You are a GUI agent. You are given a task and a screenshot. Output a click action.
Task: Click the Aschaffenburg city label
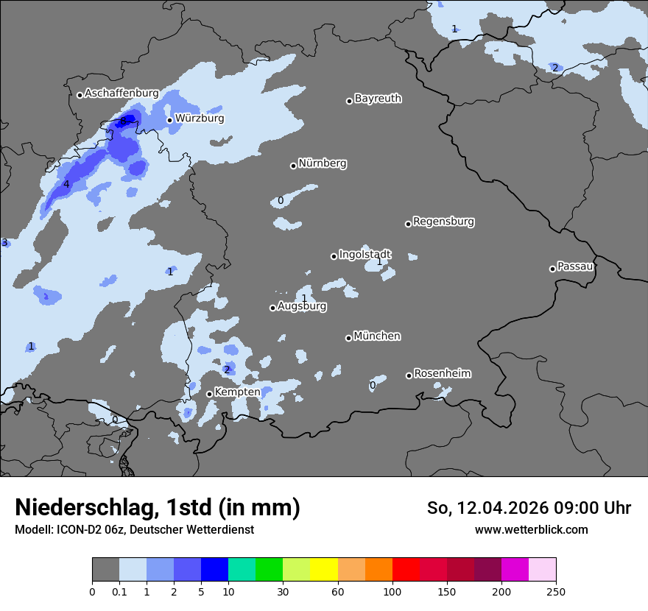point(121,93)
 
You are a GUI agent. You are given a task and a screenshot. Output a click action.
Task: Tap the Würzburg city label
point(200,119)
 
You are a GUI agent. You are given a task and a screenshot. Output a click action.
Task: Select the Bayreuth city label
point(378,99)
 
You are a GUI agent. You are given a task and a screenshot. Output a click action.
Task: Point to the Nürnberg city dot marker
point(293,166)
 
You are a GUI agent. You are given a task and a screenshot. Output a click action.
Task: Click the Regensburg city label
point(443,222)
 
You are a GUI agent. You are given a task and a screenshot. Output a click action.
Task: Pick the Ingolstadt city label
point(364,255)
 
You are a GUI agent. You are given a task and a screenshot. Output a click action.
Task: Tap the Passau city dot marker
point(552,269)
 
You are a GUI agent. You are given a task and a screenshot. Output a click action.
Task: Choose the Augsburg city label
point(302,306)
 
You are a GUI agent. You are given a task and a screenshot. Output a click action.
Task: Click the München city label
point(377,336)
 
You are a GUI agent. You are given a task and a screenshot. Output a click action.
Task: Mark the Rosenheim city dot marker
point(409,375)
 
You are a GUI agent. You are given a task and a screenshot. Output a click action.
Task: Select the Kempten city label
point(237,392)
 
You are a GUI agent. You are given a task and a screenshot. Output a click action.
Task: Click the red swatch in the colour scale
point(406,570)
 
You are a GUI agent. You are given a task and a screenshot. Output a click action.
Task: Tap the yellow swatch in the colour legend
point(324,570)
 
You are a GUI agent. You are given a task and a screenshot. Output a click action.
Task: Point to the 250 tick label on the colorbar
point(556,591)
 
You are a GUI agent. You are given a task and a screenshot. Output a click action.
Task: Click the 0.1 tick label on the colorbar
point(119,591)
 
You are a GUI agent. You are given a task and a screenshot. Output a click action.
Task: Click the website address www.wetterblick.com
point(531,529)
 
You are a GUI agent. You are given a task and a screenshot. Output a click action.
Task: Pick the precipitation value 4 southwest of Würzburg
point(66,184)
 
